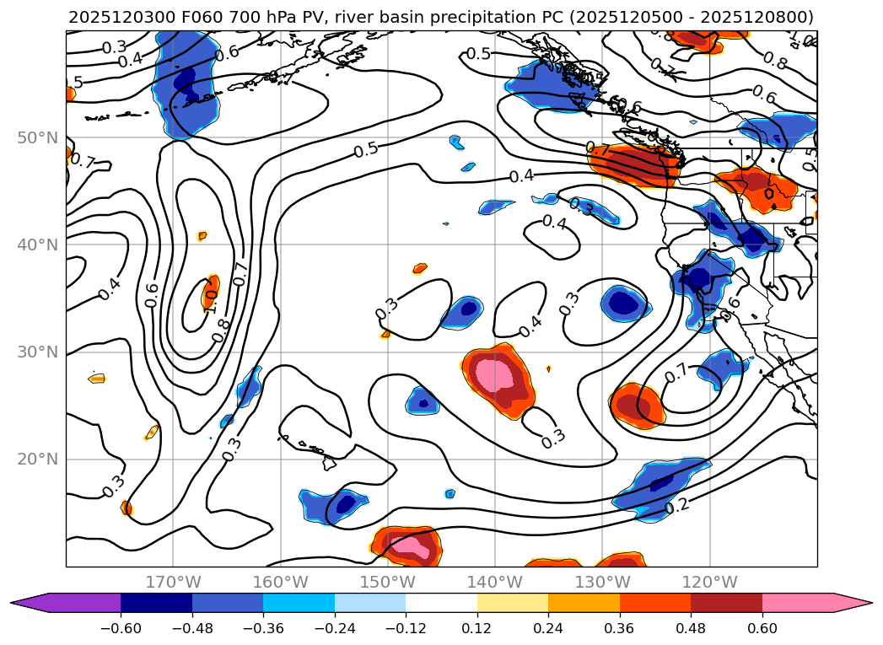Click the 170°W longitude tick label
pyautogui.click(x=173, y=582)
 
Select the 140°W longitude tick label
pyautogui.click(x=495, y=582)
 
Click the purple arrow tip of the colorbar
pyautogui.click(x=25, y=603)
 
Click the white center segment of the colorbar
pyautogui.click(x=441, y=603)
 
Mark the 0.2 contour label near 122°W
pyautogui.click(x=678, y=507)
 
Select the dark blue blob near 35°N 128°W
pyautogui.click(x=625, y=303)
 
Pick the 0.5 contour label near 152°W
pyautogui.click(x=366, y=150)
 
